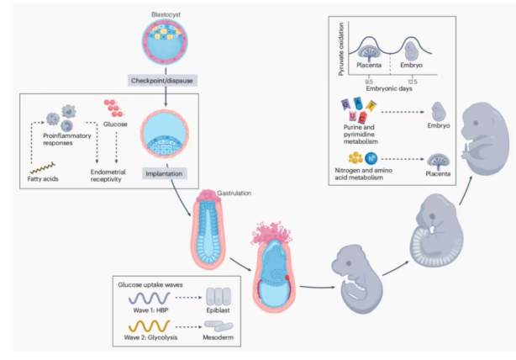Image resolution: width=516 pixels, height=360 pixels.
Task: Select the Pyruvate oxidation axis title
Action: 342,50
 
